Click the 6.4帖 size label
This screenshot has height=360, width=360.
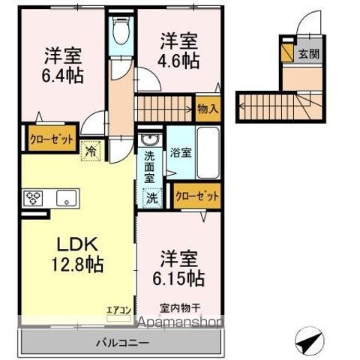(x=63, y=76)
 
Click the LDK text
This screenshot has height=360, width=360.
(x=73, y=244)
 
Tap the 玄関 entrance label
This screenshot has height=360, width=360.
(x=307, y=54)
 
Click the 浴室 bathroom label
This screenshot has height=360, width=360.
(x=180, y=152)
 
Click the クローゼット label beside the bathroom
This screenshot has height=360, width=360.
(x=197, y=196)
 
